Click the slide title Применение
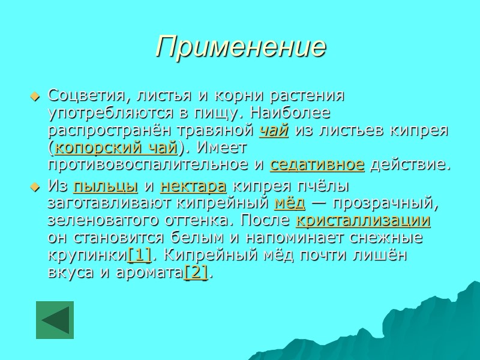click(x=240, y=47)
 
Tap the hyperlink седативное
click(x=317, y=164)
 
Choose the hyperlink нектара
click(x=193, y=187)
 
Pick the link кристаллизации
click(x=364, y=220)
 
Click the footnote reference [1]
click(x=139, y=254)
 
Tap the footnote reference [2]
click(x=196, y=271)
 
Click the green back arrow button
click(x=55, y=320)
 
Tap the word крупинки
click(x=87, y=254)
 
